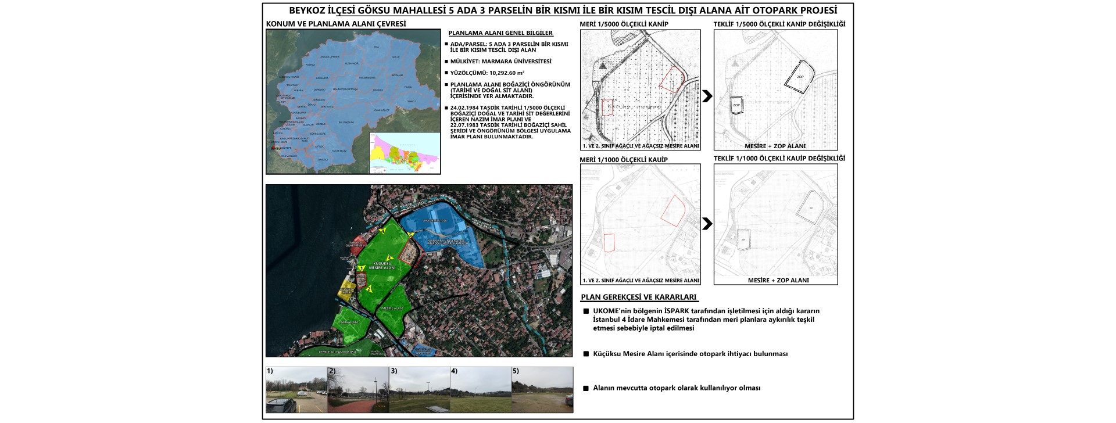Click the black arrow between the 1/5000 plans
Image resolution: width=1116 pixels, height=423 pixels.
(707, 96)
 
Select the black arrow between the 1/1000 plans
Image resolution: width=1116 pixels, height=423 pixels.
(707, 224)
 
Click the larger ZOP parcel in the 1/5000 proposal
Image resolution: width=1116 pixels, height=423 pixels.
(800, 76)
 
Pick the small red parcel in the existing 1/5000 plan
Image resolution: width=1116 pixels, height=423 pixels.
(607, 108)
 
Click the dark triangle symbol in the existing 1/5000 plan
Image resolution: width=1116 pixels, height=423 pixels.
(606, 67)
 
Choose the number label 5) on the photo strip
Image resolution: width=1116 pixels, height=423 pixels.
(516, 371)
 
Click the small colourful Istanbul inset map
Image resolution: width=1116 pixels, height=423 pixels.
(405, 152)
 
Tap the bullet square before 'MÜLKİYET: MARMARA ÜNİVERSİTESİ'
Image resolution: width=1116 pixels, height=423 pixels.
(446, 61)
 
